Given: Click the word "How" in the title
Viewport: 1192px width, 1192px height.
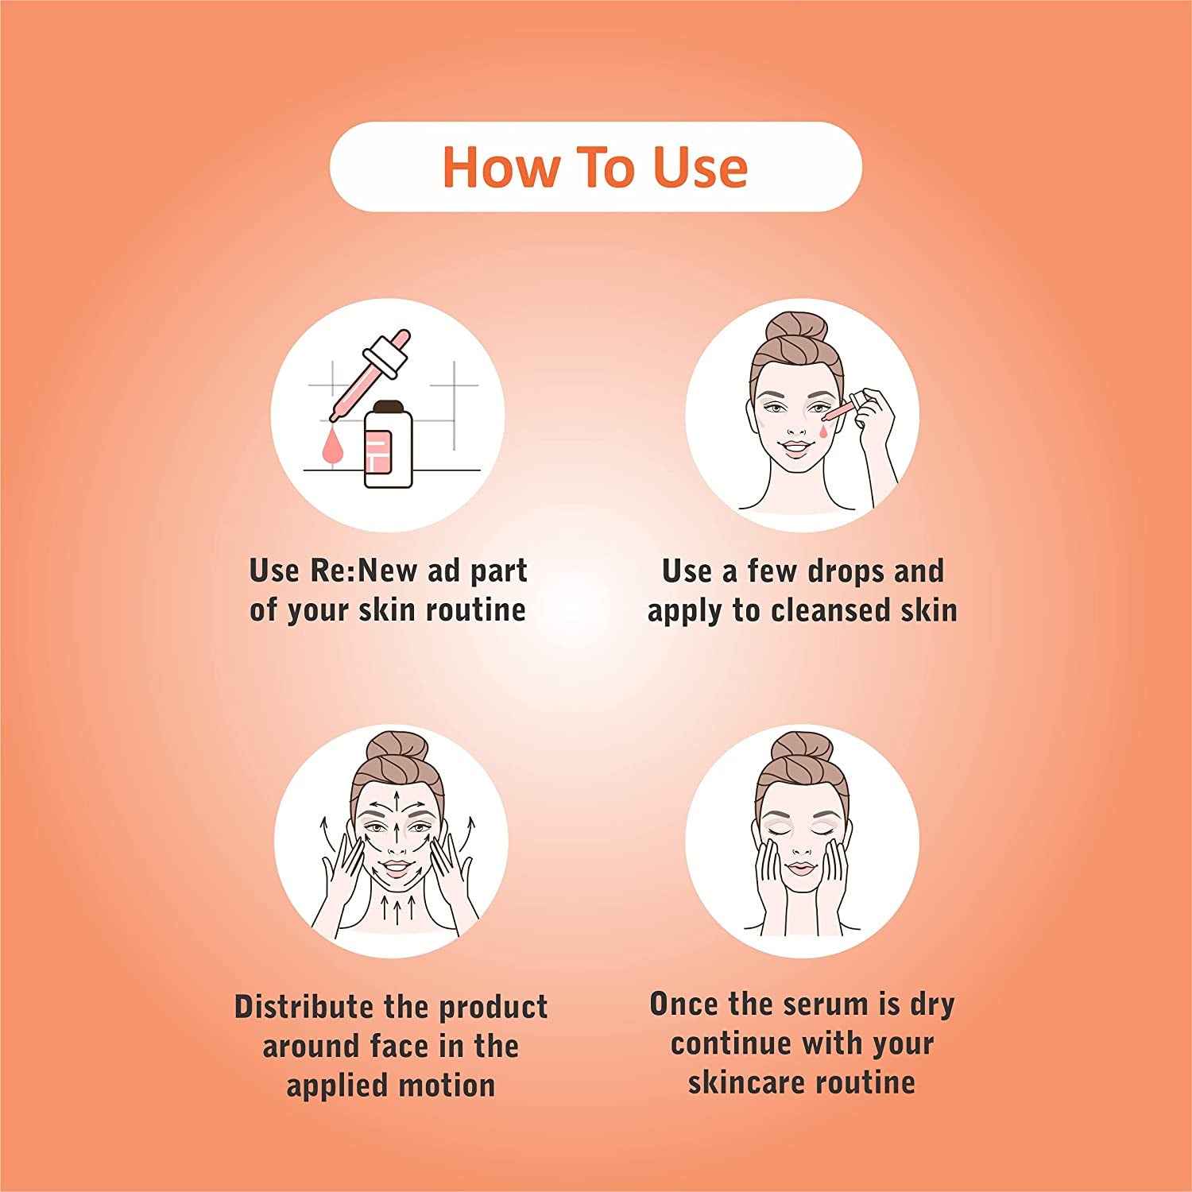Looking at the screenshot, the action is coord(501,168).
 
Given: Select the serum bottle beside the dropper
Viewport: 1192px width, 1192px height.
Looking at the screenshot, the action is coord(388,443).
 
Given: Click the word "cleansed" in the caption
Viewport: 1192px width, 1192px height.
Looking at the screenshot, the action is coord(830,610).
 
